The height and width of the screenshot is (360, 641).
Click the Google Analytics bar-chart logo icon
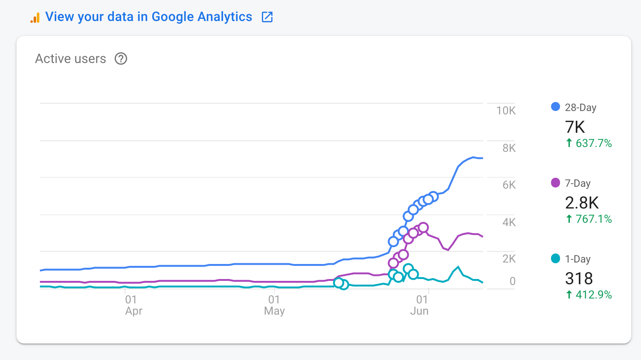click(35, 18)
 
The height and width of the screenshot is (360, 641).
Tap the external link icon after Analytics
click(267, 17)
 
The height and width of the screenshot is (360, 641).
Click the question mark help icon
click(121, 58)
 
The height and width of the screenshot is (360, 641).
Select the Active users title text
click(70, 58)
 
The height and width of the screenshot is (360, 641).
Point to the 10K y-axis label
click(506, 111)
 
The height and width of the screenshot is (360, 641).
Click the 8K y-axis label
click(509, 148)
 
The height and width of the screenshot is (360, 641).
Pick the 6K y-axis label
click(509, 185)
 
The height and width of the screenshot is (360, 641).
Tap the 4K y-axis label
click(509, 222)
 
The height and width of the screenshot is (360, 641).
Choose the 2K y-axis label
click(509, 259)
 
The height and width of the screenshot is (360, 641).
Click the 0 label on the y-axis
click(512, 281)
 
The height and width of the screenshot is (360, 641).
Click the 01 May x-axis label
click(274, 305)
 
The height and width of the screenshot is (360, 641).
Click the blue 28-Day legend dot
click(556, 107)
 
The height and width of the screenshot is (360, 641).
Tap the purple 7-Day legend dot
click(556, 183)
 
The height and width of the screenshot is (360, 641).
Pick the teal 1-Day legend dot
click(556, 258)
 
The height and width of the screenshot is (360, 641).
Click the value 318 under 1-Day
click(579, 279)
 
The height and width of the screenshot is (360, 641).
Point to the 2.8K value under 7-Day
click(582, 203)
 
